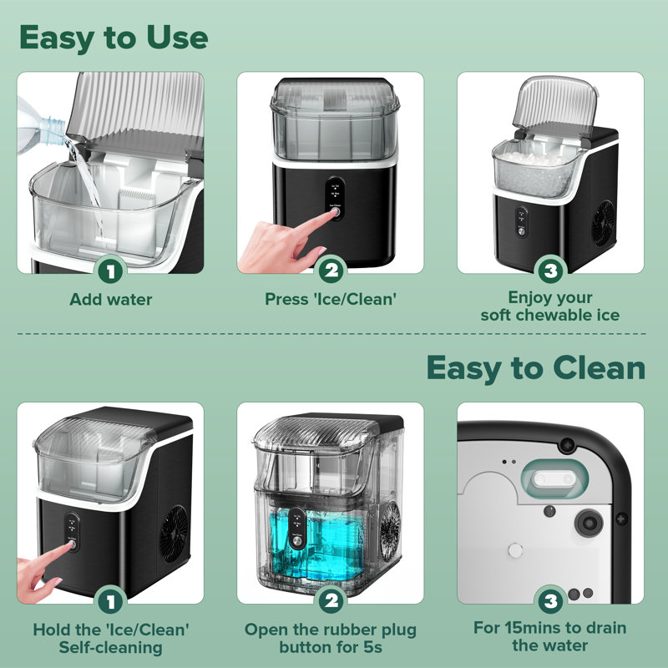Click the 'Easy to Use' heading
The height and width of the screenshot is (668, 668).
pyautogui.click(x=113, y=38)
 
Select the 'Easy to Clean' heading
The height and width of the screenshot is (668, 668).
pyautogui.click(x=535, y=367)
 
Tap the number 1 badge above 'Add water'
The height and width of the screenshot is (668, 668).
pyautogui.click(x=111, y=271)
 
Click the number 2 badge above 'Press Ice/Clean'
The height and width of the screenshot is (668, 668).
pyautogui.click(x=331, y=271)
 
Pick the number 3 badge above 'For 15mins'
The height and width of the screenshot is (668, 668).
pyautogui.click(x=550, y=601)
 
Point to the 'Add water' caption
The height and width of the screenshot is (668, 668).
pyautogui.click(x=111, y=299)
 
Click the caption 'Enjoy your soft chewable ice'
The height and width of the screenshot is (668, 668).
pyautogui.click(x=550, y=306)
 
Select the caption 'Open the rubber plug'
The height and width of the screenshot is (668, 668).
pyautogui.click(x=331, y=637)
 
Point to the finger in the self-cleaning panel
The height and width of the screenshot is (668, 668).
pyautogui.click(x=50, y=555)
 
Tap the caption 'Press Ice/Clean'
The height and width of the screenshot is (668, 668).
pyautogui.click(x=331, y=299)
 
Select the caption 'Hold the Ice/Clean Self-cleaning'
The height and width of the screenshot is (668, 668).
pyautogui.click(x=111, y=637)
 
